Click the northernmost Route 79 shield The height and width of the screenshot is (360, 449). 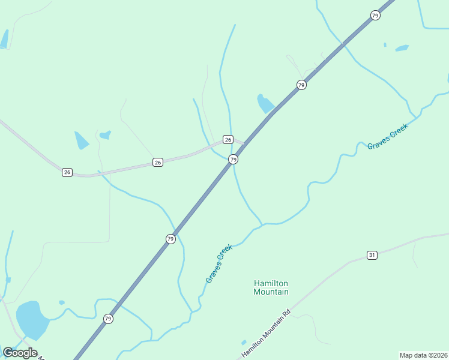click(375, 15)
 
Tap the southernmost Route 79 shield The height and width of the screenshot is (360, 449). click(108, 318)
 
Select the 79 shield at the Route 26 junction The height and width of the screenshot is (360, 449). click(233, 159)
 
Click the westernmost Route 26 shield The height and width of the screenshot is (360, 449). click(67, 172)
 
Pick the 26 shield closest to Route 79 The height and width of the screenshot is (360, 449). click(228, 139)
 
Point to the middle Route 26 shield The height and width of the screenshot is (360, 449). click(157, 163)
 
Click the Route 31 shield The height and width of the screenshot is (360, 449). click(372, 255)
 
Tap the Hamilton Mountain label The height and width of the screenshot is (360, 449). click(271, 287)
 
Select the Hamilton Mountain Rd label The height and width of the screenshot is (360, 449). click(266, 334)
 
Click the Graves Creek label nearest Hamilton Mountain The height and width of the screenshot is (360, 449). click(218, 263)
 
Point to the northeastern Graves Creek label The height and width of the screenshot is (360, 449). click(388, 136)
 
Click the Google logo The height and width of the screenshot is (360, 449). click(20, 352)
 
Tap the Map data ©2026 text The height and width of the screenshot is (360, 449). click(423, 355)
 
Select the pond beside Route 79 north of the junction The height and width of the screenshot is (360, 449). click(265, 104)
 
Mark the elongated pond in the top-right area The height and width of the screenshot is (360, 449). click(402, 48)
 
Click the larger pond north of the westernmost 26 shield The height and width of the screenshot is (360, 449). click(81, 140)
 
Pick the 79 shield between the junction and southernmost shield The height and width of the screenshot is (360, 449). click(170, 239)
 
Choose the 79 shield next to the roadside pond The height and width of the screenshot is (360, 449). click(301, 85)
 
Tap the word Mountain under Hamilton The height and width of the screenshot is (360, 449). click(271, 292)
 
